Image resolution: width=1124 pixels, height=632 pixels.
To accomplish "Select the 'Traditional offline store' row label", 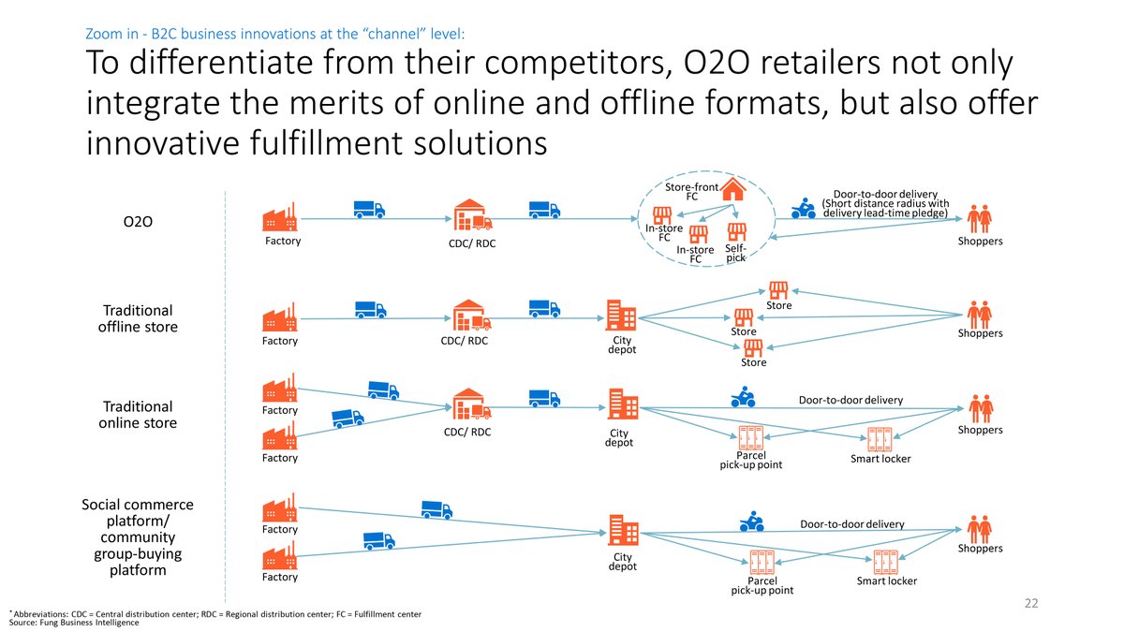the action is [138, 318].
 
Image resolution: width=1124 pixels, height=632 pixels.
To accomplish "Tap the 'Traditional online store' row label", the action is [138, 414].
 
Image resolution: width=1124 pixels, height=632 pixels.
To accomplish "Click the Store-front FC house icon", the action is [733, 189].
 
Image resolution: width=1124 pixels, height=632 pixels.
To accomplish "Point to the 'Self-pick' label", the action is [735, 253].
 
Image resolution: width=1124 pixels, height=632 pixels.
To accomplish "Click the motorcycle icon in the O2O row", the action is [804, 209].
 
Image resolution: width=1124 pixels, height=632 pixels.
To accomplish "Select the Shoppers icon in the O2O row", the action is [979, 218].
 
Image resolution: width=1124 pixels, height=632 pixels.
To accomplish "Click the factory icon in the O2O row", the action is [280, 216].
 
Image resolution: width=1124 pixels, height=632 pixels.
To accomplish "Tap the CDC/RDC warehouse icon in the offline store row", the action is [472, 316].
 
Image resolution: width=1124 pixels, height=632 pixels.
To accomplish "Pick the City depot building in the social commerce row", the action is [624, 530].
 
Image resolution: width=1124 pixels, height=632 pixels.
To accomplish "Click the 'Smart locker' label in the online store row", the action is [880, 459].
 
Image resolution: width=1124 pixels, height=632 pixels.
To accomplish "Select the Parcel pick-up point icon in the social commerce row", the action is [762, 562].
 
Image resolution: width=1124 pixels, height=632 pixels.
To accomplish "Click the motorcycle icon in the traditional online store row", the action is [743, 398].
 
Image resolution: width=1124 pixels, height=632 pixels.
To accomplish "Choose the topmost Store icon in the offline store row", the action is [778, 289].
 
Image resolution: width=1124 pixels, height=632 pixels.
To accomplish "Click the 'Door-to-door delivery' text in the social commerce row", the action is [851, 524].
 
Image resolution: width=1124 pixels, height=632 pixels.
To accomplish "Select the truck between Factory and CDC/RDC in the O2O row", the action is [369, 209].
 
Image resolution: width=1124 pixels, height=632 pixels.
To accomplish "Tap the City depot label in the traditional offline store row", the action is [623, 345].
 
